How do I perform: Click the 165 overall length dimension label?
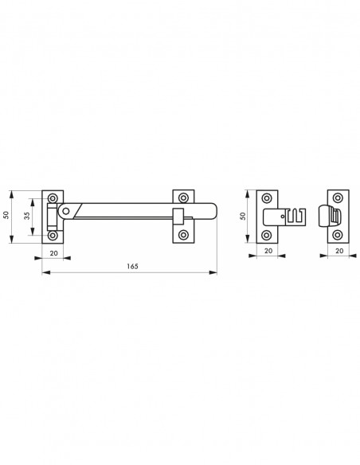point(132,266)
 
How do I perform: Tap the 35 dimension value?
point(27,216)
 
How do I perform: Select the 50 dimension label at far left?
point(6,215)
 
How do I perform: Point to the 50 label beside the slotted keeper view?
point(243,216)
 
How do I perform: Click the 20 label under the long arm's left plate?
point(53,253)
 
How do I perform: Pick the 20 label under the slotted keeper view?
point(268,251)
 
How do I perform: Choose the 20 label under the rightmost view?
point(339,251)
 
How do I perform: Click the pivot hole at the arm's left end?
point(66,211)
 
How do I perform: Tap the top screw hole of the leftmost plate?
point(53,197)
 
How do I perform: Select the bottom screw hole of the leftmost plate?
point(53,236)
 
